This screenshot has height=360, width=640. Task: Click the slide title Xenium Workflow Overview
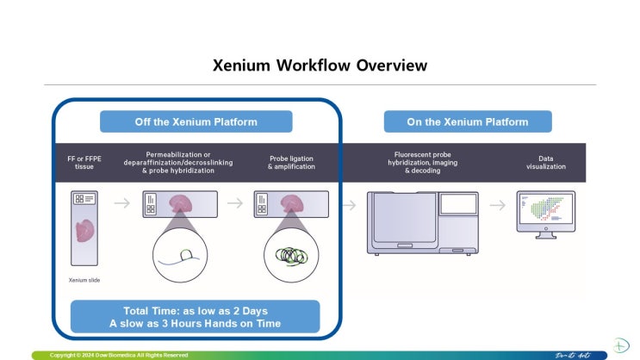pyautogui.click(x=320, y=65)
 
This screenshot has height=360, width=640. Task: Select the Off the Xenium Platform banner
pyautogui.click(x=196, y=121)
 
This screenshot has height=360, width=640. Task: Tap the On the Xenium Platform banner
pyautogui.click(x=468, y=121)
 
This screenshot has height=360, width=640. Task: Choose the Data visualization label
pyautogui.click(x=546, y=161)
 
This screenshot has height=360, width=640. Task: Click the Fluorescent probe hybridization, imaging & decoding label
pyautogui.click(x=417, y=161)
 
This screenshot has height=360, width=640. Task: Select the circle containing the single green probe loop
pyautogui.click(x=180, y=257)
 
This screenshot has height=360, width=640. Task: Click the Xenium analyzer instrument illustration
pyautogui.click(x=421, y=222)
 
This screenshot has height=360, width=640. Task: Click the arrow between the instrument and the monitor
pyautogui.click(x=498, y=205)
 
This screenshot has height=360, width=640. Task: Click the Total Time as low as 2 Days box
pyautogui.click(x=196, y=316)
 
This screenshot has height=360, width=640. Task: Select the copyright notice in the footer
pyautogui.click(x=119, y=355)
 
